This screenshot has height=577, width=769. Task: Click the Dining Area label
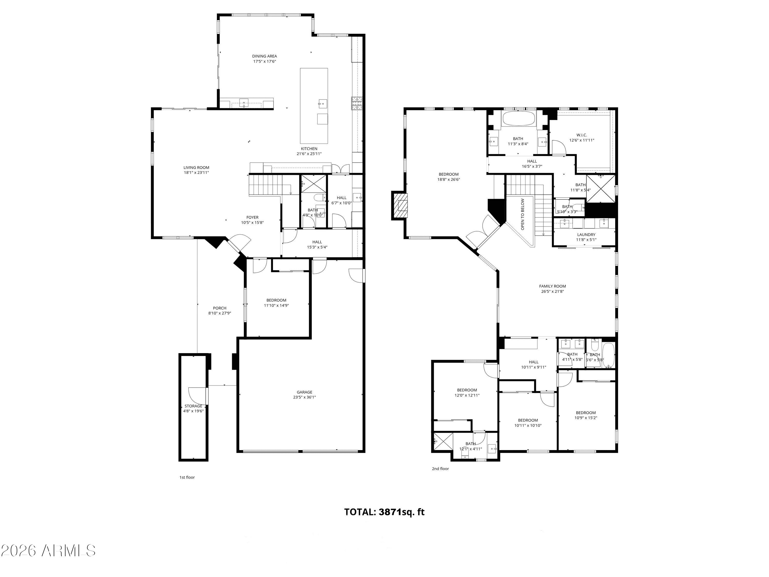pos(264,56)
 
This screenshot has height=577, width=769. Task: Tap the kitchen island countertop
pos(314,106)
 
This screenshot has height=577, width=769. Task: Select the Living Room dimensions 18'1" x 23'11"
pos(196,173)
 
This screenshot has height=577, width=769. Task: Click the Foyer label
pos(252,217)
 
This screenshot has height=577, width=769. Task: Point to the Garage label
pos(305,392)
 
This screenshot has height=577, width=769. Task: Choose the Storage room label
pos(193,406)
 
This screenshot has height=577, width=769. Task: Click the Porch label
pos(220,308)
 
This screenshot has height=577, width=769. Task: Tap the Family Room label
pos(552,286)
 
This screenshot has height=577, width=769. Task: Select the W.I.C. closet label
pos(582,135)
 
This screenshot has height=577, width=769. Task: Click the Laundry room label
pos(586,234)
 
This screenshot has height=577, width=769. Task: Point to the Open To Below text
pos(522,214)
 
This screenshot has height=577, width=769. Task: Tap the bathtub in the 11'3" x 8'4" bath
pos(519,118)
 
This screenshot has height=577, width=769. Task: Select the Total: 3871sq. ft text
pos(385,512)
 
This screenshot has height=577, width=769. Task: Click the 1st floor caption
pos(187,477)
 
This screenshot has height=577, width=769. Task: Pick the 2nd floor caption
pos(440,469)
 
